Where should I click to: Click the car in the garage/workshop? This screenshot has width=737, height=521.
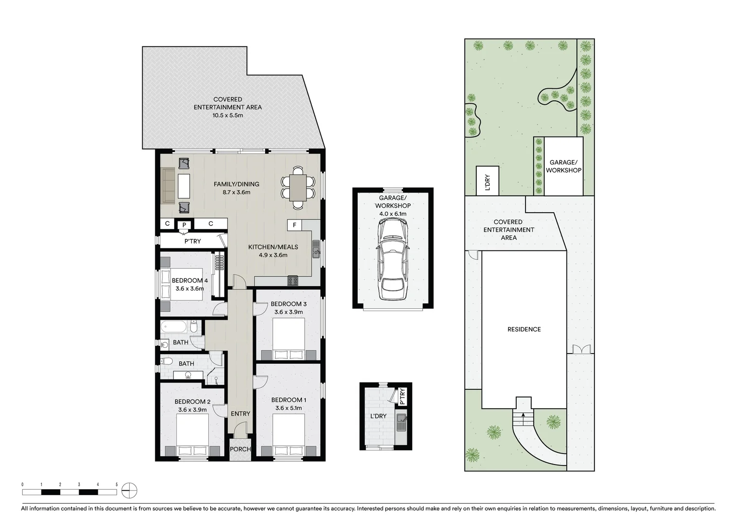(393, 259)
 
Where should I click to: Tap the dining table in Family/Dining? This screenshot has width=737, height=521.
(298, 187)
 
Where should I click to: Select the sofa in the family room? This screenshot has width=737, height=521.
(168, 186)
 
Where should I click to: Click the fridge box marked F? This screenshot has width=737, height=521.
(295, 225)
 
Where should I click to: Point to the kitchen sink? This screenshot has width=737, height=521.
(316, 250)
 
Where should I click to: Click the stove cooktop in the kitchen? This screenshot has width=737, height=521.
(293, 280)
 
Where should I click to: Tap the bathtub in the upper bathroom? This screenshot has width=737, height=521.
(174, 327)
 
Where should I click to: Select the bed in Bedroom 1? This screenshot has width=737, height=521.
(289, 434)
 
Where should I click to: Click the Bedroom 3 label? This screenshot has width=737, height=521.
(288, 304)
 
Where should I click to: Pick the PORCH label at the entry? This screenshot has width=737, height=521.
(240, 449)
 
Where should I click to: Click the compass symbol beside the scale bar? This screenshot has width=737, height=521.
(129, 491)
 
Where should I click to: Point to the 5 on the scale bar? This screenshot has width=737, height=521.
(117, 484)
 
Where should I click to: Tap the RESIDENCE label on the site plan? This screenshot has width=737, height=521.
(524, 329)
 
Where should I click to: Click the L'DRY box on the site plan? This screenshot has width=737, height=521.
(487, 181)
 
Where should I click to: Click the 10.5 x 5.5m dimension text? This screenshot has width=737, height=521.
(228, 115)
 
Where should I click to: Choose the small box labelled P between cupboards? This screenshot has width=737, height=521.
(184, 225)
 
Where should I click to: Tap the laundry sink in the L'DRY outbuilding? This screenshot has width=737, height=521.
(401, 423)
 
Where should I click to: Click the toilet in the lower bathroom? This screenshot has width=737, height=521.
(167, 361)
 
